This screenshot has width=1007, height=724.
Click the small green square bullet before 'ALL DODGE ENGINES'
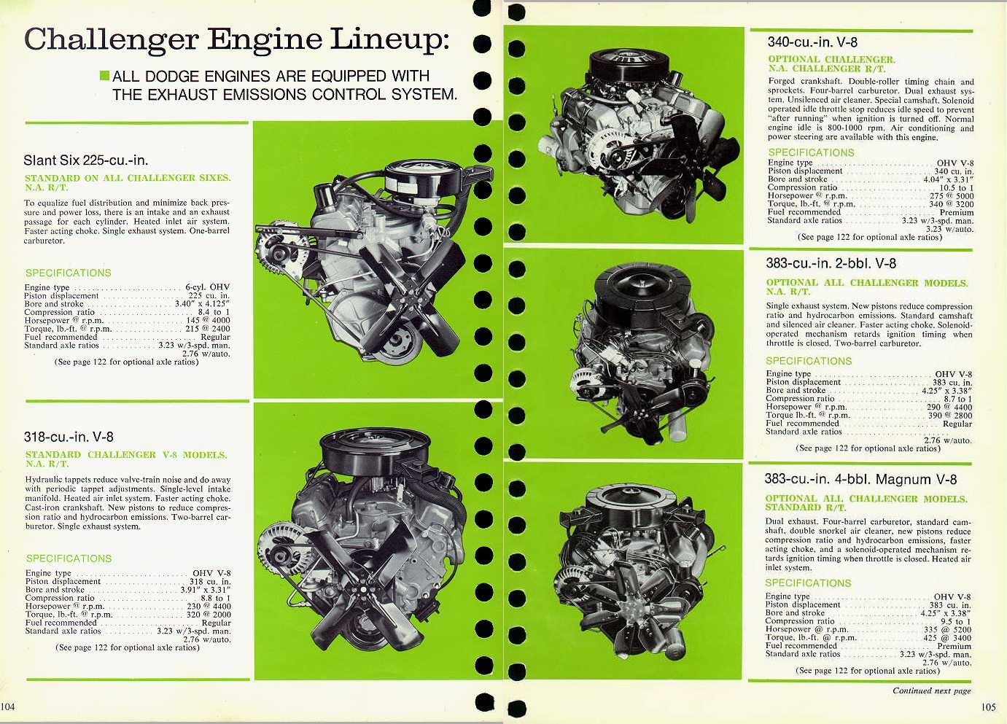click(104, 76)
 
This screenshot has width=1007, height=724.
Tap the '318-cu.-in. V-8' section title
click(69, 437)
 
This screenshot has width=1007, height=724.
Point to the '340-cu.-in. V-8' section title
click(812, 42)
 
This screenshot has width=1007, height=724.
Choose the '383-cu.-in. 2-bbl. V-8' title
click(831, 264)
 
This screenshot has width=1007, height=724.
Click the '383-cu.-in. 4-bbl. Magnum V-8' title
click(860, 480)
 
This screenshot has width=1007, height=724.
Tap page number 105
click(988, 707)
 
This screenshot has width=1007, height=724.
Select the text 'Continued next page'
click(931, 690)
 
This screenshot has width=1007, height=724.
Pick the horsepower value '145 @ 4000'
click(208, 320)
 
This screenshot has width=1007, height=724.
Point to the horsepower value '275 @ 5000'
click(951, 196)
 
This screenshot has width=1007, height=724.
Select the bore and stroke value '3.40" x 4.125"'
click(202, 304)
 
